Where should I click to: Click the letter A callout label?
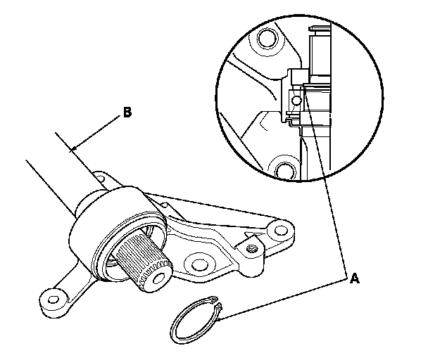tap(355, 279)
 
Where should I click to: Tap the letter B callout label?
tap(127, 111)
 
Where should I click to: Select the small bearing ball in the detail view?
tap(296, 101)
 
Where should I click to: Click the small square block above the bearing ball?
tap(296, 77)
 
